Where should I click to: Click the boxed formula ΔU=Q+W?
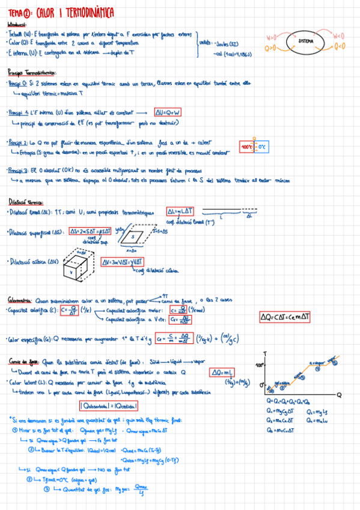coord(168,112)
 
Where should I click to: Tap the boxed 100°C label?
coord(246,146)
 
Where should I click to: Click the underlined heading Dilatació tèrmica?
coord(25,201)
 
